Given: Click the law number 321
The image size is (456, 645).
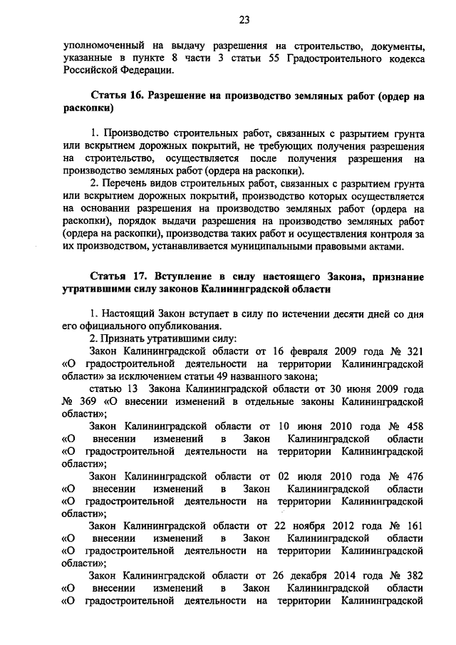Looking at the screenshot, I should [413, 352].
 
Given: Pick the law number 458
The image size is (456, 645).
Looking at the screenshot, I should [413, 427].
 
